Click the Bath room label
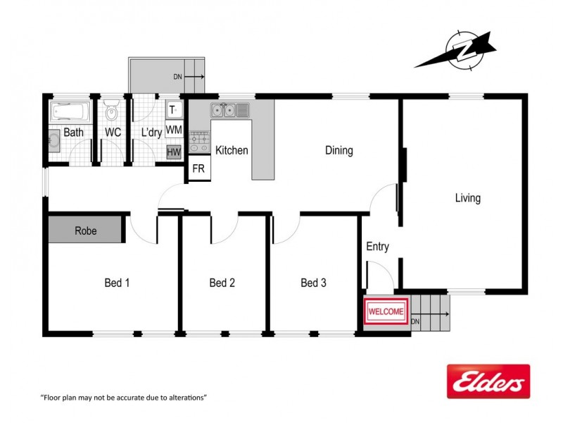coord(73,133)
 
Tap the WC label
coord(113,133)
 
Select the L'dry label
coord(152,133)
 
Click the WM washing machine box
coord(174,130)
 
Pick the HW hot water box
coord(174,152)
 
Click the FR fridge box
coord(198,169)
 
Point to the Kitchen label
coord(232,150)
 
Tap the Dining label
coord(339,150)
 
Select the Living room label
coord(467,198)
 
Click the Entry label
coord(377,247)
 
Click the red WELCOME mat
coord(386,311)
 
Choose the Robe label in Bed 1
coord(86,231)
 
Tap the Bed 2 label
coord(222,283)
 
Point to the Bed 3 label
coord(313,283)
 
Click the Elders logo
coord(488,381)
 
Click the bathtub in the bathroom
coord(69,111)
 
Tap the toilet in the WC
coord(111,112)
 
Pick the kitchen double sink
coord(224,110)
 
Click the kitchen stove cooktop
coord(198,142)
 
